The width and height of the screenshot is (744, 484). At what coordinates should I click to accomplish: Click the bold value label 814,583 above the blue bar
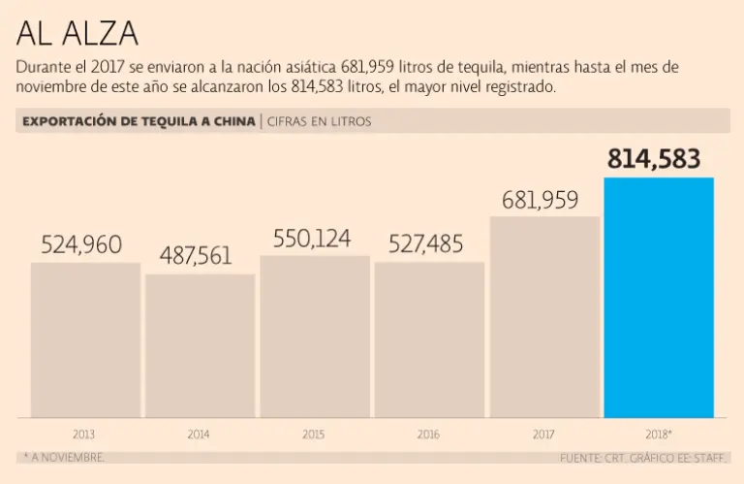(x=654, y=160)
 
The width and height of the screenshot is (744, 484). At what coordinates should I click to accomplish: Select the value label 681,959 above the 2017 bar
(x=541, y=201)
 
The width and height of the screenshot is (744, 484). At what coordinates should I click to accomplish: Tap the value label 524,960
(x=81, y=245)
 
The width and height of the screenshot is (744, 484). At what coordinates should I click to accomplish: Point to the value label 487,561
(x=196, y=256)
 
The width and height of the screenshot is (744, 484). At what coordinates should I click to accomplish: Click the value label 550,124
(x=312, y=239)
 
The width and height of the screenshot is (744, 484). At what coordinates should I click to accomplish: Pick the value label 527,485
(x=426, y=244)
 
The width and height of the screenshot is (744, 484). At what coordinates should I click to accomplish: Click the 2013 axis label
(x=84, y=435)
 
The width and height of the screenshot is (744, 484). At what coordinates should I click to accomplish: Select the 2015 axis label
(x=314, y=435)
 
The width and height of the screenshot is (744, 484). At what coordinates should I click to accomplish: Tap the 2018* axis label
(x=658, y=435)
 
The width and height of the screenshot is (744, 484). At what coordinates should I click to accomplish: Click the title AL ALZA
(x=77, y=34)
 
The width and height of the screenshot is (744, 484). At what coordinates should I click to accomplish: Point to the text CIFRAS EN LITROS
(x=319, y=121)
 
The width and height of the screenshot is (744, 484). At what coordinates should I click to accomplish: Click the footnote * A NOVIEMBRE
(x=61, y=456)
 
